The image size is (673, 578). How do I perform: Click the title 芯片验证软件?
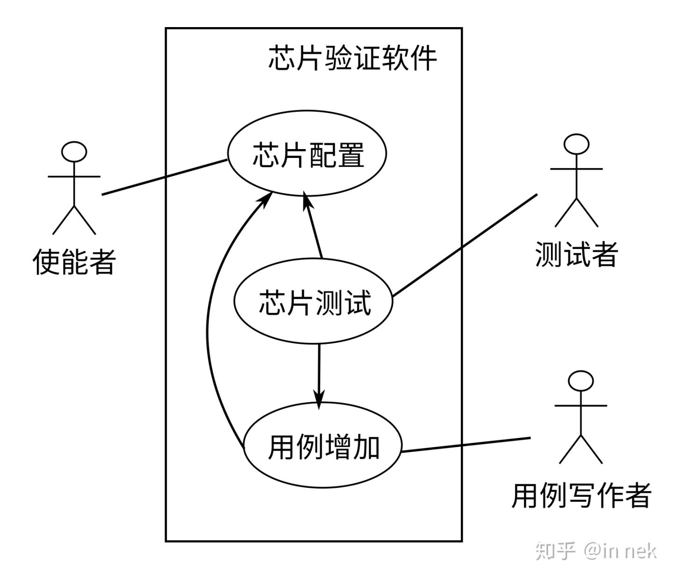[352, 58]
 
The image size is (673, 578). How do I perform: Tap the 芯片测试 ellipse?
[314, 302]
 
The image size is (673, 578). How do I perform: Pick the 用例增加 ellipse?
[323, 447]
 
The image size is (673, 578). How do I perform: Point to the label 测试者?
[576, 255]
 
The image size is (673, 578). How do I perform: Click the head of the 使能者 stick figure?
[74, 151]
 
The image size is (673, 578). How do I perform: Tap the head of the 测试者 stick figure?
[576, 144]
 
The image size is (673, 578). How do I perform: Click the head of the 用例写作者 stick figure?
[581, 381]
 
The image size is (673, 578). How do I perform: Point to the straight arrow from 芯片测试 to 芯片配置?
[313, 227]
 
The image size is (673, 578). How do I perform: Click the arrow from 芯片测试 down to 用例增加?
[319, 374]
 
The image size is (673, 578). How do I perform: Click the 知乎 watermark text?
[555, 551]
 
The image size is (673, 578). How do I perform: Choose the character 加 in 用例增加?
[365, 447]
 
